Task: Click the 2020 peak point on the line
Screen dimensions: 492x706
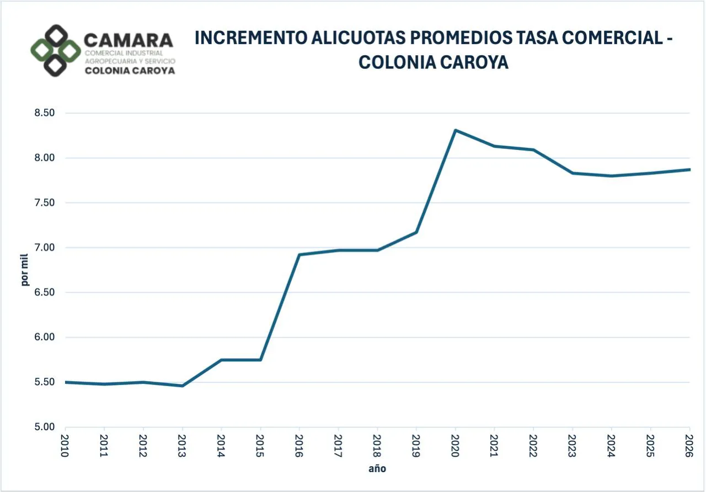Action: [x=456, y=130]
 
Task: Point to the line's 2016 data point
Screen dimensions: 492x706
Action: [x=299, y=254]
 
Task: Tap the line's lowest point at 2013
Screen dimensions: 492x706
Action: [x=183, y=386]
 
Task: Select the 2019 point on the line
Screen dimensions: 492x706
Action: [x=416, y=232]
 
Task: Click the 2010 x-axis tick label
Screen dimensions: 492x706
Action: [x=65, y=445]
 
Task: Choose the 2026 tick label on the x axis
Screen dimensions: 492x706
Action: [x=689, y=445]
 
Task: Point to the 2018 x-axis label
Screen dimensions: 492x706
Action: [x=377, y=445]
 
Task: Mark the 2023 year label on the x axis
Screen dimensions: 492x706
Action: [x=573, y=445]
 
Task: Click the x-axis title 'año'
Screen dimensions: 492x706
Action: [x=377, y=469]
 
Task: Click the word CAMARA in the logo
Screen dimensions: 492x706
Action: [x=128, y=40]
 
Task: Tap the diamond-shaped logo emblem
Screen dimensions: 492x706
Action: [x=55, y=51]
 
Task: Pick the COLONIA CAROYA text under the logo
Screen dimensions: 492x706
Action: [x=130, y=71]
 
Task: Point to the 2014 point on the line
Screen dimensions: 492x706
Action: [x=221, y=360]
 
